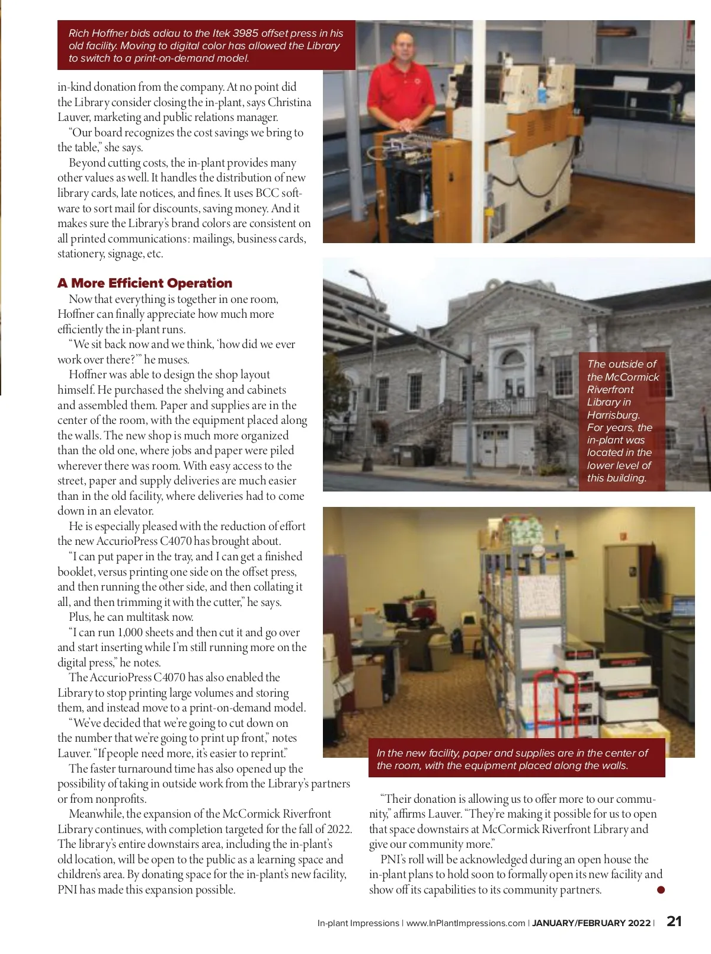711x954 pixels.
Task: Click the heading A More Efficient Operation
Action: pyautogui.click(x=145, y=283)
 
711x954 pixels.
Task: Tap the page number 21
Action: pyautogui.click(x=674, y=921)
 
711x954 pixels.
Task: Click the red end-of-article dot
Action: pyautogui.click(x=661, y=889)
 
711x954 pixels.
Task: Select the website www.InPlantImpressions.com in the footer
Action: pyautogui.click(x=466, y=923)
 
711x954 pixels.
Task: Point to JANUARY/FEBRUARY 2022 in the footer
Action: pyautogui.click(x=591, y=923)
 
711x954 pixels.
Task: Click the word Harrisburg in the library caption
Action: pyautogui.click(x=613, y=415)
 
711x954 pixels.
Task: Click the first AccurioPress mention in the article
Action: pyautogui.click(x=127, y=541)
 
